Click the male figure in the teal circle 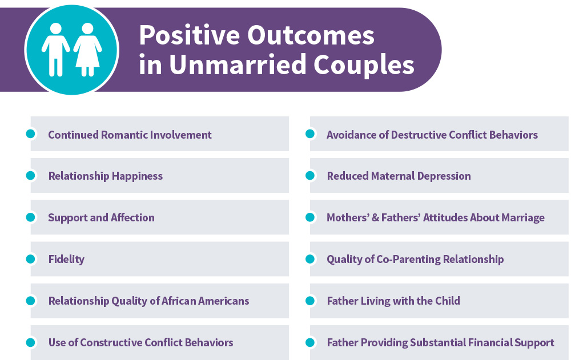click(x=56, y=50)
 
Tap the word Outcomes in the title click(x=311, y=35)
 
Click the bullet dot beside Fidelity click(x=31, y=259)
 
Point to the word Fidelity click(x=66, y=259)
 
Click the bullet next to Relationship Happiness click(x=31, y=176)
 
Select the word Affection click(x=132, y=217)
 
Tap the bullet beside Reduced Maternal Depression click(x=310, y=176)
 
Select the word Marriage click(x=523, y=218)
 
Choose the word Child click(x=447, y=301)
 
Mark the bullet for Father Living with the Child click(x=310, y=301)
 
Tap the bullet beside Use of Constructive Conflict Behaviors click(x=31, y=342)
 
